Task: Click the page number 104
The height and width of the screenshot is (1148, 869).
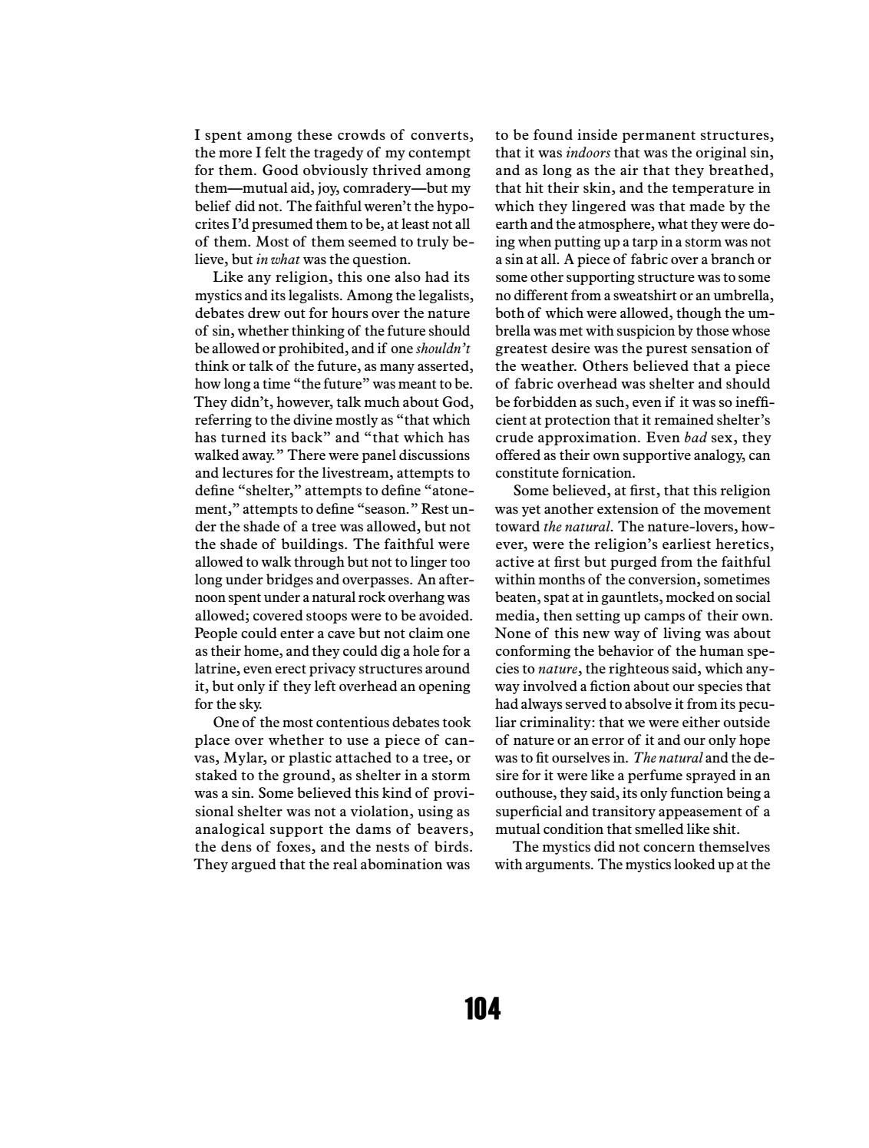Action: click(482, 1008)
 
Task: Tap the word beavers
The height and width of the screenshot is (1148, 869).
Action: click(445, 829)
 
